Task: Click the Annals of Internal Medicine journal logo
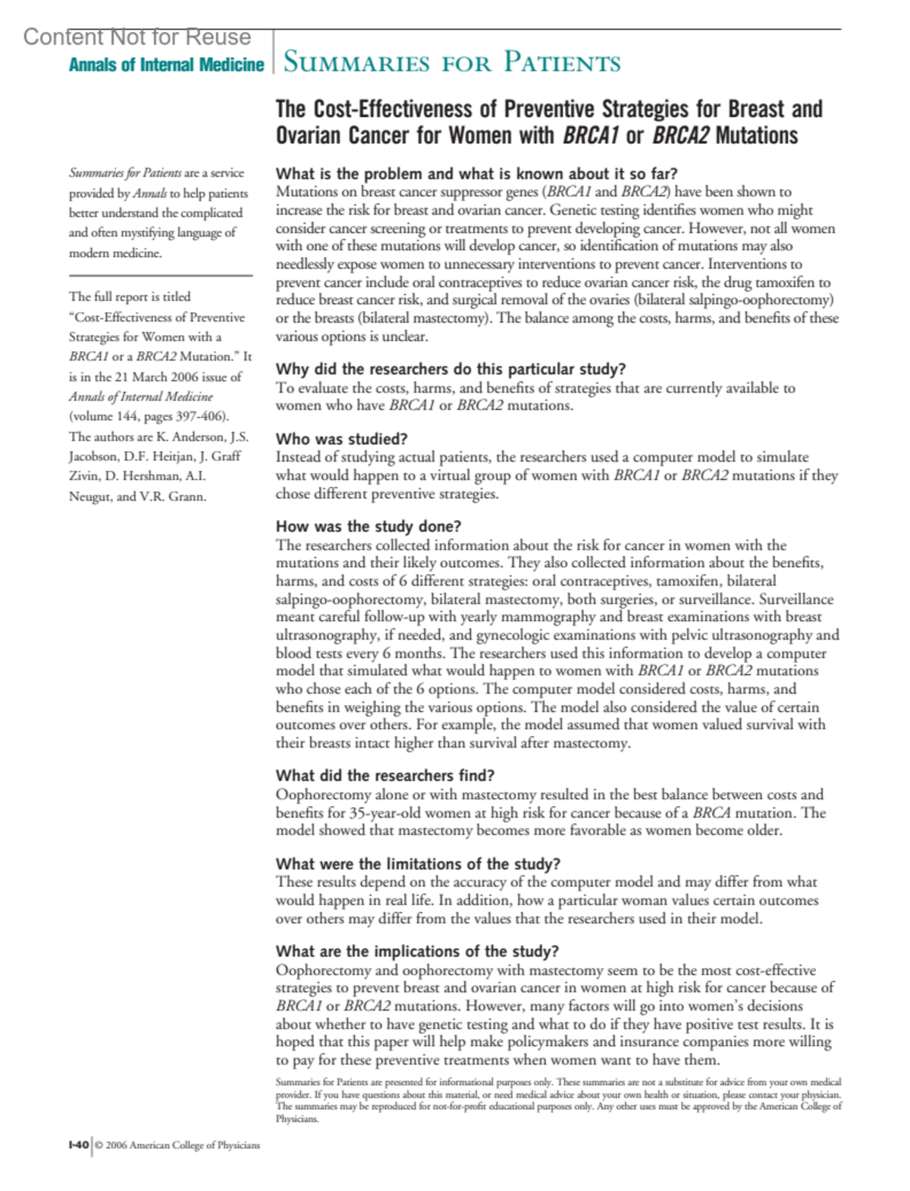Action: click(x=166, y=65)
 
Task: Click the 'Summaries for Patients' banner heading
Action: click(x=452, y=62)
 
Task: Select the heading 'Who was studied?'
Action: click(x=341, y=439)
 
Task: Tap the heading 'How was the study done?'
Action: click(x=369, y=526)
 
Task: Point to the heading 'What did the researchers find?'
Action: click(x=385, y=776)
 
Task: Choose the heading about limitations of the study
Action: click(x=418, y=863)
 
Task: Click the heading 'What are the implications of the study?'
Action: click(x=417, y=951)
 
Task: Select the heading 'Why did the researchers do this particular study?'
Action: click(x=450, y=369)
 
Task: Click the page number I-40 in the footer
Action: click(x=78, y=1145)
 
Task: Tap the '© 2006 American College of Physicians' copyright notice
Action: click(x=177, y=1145)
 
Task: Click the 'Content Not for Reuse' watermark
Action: click(x=137, y=36)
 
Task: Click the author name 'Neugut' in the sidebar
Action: click(x=90, y=497)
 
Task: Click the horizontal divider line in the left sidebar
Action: click(x=161, y=275)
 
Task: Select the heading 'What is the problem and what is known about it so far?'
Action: click(x=476, y=174)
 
